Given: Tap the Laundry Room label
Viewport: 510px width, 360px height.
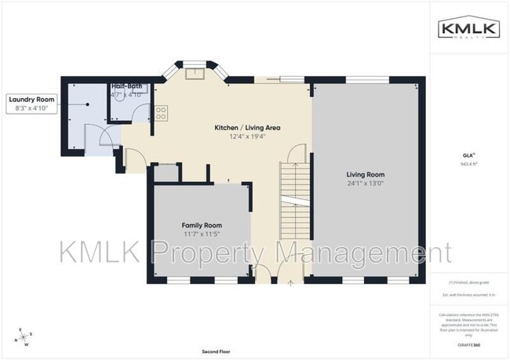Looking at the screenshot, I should pyautogui.click(x=32, y=100).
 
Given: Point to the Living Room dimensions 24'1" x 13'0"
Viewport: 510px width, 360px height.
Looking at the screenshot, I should pyautogui.click(x=366, y=184).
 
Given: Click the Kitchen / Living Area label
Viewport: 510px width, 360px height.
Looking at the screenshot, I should pyautogui.click(x=248, y=127).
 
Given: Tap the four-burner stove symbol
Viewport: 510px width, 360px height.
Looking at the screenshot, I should pyautogui.click(x=161, y=113).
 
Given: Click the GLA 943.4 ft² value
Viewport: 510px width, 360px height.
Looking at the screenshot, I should pyautogui.click(x=469, y=165).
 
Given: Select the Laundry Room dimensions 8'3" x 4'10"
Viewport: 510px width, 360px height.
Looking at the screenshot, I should pyautogui.click(x=32, y=108).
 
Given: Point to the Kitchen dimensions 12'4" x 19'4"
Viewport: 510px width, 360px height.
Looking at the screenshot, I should pyautogui.click(x=248, y=136).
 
